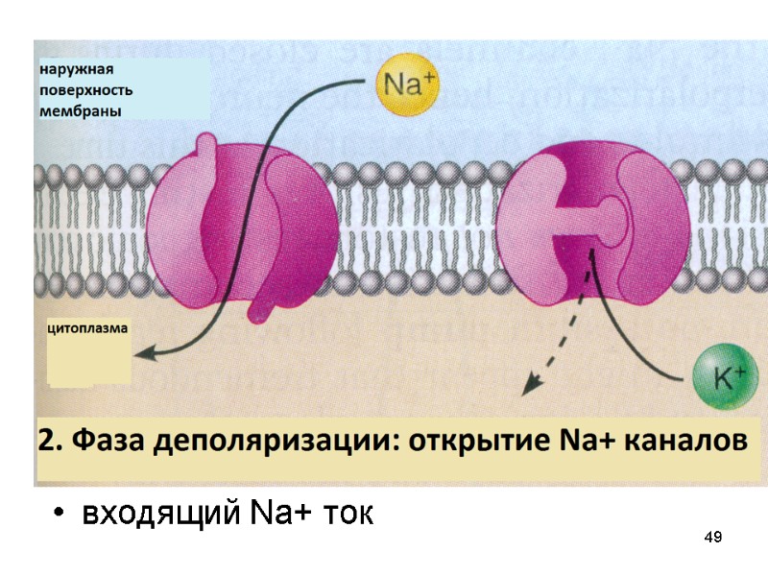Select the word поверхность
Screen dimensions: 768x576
pyautogui.click(x=85, y=90)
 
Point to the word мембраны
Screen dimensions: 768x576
pyautogui.click(x=80, y=110)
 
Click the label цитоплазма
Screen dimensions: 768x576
pyautogui.click(x=87, y=327)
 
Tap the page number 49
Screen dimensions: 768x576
pyautogui.click(x=712, y=536)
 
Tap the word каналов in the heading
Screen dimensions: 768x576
pyautogui.click(x=684, y=443)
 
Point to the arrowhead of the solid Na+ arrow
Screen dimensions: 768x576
pyautogui.click(x=141, y=356)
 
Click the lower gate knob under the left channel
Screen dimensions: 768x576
pyautogui.click(x=258, y=309)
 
